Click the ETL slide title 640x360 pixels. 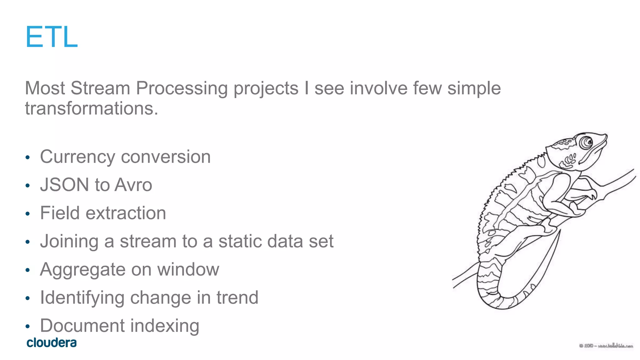click(x=51, y=37)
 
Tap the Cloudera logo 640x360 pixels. click(x=52, y=342)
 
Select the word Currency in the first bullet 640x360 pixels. click(x=77, y=157)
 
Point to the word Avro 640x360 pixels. click(x=133, y=185)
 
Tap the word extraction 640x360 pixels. click(x=126, y=213)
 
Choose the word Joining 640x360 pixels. click(x=69, y=242)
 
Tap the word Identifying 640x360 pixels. click(x=82, y=298)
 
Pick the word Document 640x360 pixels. click(x=82, y=326)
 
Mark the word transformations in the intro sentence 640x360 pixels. click(x=92, y=108)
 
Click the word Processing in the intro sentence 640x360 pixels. click(x=182, y=88)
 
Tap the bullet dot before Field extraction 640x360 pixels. click(x=27, y=214)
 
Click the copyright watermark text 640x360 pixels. click(x=606, y=346)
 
